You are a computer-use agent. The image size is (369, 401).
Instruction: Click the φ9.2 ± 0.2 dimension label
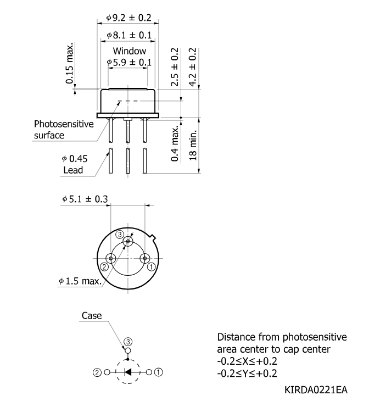coord(129,18)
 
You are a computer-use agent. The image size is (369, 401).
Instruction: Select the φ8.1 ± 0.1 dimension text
coord(130,35)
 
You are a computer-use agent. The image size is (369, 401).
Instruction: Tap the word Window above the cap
coord(130,51)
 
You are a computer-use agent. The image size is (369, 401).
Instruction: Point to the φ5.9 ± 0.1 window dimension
coord(130,62)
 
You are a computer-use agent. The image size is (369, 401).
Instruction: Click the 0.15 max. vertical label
coord(70,63)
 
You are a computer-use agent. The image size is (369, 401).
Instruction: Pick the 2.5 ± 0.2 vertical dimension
coord(175,67)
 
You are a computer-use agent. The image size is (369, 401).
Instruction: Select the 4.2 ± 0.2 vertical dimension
coord(193,67)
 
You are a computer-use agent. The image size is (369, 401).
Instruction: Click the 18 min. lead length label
coord(193,145)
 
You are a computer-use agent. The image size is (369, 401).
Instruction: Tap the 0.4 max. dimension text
coord(175,144)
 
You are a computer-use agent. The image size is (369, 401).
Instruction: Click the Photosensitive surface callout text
coord(64,130)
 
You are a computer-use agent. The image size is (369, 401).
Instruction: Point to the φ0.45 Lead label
coord(75,164)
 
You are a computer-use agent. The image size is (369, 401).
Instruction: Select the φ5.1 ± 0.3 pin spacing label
coord(85,199)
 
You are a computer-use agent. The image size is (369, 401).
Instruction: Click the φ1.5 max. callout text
coord(80,281)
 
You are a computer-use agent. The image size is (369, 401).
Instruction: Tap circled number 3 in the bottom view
coord(120,234)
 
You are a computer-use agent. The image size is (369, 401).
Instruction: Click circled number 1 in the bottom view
coord(152,267)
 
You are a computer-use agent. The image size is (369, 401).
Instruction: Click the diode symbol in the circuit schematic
coord(127,372)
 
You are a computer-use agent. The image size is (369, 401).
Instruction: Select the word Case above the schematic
coord(92,316)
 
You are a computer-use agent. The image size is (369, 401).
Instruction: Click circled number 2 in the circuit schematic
coord(97,372)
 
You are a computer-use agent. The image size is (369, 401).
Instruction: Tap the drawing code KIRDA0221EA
coord(316,390)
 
